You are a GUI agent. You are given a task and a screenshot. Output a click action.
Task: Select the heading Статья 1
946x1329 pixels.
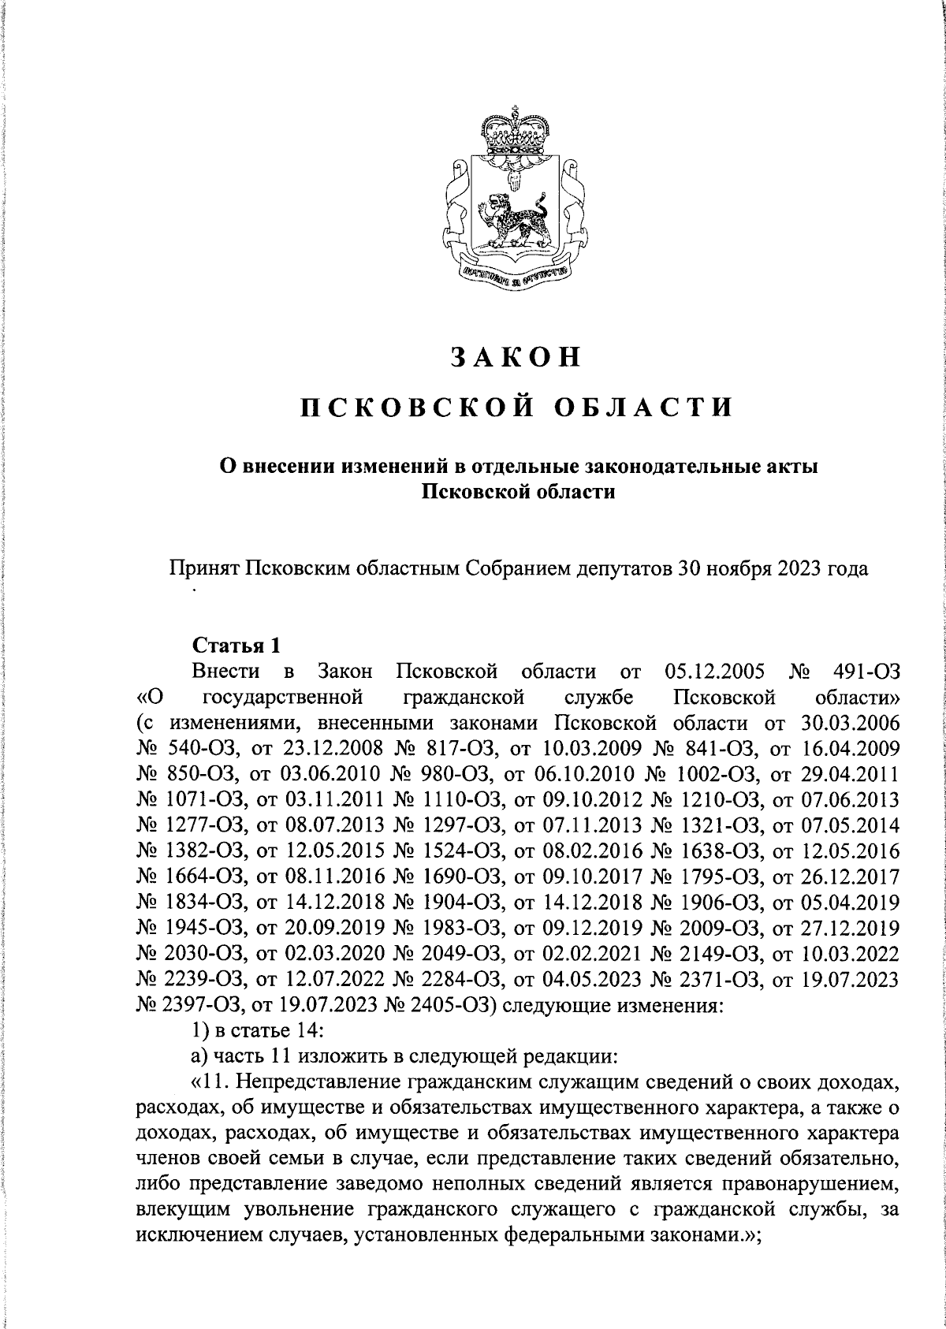[236, 646]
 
